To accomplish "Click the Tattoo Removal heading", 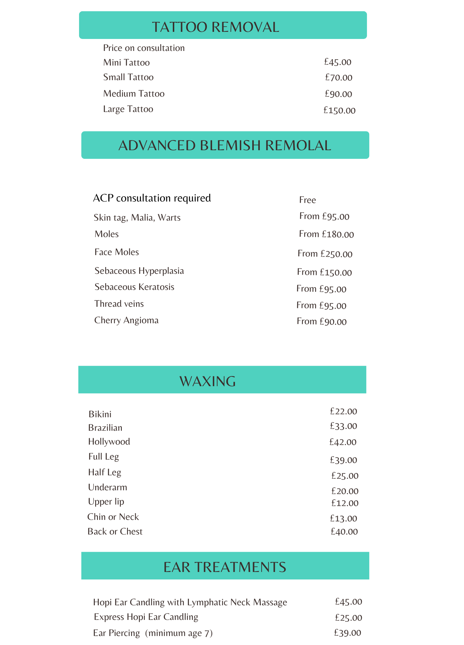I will pos(216,27).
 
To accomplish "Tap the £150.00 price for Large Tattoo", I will pos(340,110).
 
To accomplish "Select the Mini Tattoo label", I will pos(126,63).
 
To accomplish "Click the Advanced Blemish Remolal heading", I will pos(225,145).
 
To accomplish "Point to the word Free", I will pos(307,200).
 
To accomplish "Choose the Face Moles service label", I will pos(117,252).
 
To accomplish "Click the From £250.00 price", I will pos(325,254).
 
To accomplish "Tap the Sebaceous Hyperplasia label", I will pos(139,271).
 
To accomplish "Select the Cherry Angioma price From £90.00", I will pos(322,321).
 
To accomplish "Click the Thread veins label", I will pos(119,304).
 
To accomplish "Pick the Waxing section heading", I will pos(208,381).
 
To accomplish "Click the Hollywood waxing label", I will pos(109,442).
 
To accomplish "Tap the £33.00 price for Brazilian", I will pos(343,426).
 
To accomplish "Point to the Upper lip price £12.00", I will pos(345,503).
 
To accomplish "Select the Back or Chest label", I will pos(115,532).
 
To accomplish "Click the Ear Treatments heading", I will pos(225,567).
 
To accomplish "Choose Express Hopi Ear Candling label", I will pos(146,617).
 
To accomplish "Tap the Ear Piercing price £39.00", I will pos(347,633).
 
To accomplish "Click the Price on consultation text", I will pos(144,48).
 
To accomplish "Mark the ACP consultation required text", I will pos(152,198).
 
